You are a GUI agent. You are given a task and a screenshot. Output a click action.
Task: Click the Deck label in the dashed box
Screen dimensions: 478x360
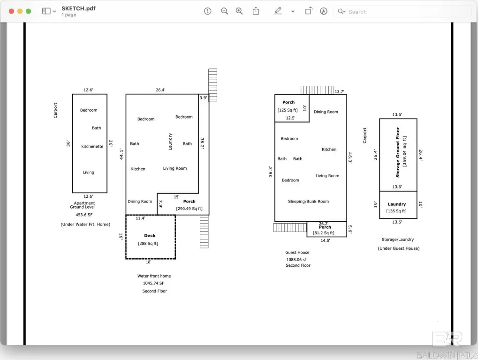150,235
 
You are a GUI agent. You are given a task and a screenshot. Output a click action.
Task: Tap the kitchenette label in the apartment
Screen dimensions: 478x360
92,146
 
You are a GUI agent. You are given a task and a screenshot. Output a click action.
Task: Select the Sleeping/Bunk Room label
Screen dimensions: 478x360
309,201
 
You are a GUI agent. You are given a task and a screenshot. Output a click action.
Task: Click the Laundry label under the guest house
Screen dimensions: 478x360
396,204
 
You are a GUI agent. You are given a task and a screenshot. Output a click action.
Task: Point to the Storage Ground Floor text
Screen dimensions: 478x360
397,152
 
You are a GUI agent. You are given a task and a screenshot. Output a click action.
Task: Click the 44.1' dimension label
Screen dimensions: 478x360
121,154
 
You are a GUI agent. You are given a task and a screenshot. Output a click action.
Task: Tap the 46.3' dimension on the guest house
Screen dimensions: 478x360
350,158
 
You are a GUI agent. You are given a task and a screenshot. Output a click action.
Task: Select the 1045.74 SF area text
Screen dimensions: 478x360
154,283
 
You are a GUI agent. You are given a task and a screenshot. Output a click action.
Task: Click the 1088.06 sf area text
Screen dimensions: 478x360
296,260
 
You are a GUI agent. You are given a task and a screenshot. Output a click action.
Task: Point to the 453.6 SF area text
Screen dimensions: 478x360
84,215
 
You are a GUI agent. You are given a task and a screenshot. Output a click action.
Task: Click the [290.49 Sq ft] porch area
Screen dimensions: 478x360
189,209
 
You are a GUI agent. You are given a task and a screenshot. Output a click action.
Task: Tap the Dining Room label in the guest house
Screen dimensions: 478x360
326,112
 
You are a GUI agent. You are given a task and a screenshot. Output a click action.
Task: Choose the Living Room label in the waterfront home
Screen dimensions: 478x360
175,168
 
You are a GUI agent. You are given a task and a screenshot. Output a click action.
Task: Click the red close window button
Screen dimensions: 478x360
11,11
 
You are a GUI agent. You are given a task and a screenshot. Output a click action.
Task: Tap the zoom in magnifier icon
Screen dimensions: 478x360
239,11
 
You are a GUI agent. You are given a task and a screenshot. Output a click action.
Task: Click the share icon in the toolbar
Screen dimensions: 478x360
256,11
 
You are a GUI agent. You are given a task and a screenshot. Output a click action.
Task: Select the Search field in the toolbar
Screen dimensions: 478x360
402,12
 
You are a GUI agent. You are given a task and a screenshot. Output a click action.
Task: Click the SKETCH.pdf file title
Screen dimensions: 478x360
78,8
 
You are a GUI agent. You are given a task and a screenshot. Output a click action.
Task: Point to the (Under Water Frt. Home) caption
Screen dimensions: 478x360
85,225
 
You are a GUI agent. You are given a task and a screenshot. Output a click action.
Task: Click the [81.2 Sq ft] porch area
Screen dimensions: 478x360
324,232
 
